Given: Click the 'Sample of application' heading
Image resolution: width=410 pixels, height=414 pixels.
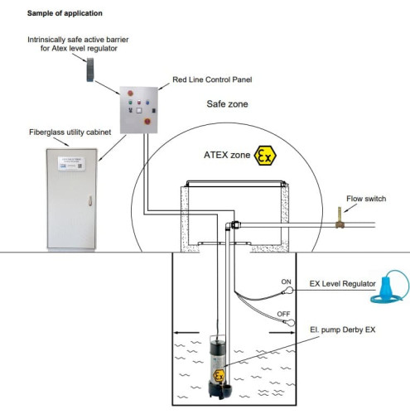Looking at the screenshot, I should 65,14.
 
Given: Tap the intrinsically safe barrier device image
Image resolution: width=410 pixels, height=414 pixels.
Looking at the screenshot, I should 90,72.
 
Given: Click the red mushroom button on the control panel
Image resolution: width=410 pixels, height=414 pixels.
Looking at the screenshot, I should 149,120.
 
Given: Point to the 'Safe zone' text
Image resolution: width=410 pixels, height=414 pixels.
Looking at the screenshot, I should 227,105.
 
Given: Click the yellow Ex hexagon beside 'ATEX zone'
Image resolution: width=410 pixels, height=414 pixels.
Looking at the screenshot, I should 265,155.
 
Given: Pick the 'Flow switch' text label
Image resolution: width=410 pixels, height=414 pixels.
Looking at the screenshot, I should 367,200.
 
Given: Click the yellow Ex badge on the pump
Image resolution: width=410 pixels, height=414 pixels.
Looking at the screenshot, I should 219,376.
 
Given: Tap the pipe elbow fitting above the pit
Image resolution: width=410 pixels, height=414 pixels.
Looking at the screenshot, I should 234,224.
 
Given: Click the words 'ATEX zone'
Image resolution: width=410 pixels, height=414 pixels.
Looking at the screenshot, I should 227,155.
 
